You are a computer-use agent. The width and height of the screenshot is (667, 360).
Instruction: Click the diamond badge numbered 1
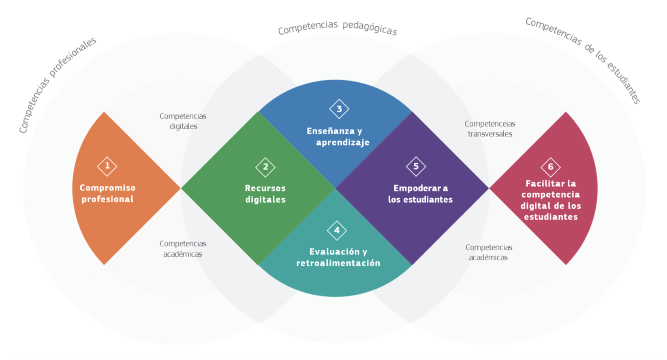tap(107, 166)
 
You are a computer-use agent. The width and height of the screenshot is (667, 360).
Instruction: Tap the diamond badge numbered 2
tap(265, 167)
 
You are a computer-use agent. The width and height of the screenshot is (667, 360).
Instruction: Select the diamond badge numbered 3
tap(339, 109)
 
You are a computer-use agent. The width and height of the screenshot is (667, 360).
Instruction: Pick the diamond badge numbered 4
tap(337, 231)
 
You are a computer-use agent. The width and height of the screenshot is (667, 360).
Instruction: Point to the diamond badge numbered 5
tap(416, 167)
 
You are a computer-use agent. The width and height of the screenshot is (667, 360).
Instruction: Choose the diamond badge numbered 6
tap(550, 167)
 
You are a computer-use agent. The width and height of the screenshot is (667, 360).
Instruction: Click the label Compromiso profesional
tap(107, 193)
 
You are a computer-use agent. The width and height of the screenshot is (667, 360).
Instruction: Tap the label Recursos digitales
tap(265, 194)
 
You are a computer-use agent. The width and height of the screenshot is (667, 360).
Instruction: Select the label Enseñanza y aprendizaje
tap(338, 137)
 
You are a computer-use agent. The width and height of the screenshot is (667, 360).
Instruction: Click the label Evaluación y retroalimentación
tap(338, 257)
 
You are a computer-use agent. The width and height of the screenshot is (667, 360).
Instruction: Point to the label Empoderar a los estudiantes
tap(420, 194)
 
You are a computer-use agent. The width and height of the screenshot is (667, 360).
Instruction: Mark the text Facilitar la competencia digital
tap(551, 195)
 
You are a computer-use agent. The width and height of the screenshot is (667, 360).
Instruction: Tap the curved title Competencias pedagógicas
tap(337, 28)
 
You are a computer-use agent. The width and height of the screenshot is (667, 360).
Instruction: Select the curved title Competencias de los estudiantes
tap(584, 59)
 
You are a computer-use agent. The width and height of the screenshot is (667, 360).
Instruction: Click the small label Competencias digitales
tap(183, 121)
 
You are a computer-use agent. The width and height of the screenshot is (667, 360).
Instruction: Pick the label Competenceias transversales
tap(490, 129)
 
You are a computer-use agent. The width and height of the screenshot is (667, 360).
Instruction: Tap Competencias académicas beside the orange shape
tap(183, 249)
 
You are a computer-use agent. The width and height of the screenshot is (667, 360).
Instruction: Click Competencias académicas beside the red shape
tap(489, 252)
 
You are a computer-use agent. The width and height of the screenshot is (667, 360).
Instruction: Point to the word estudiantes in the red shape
tap(551, 217)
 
